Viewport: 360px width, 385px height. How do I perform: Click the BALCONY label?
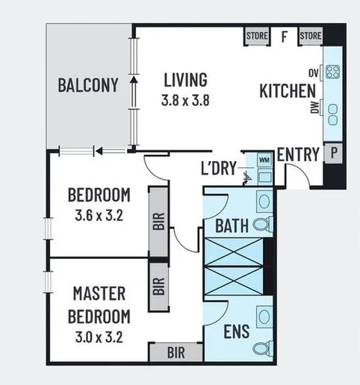pos(88,85)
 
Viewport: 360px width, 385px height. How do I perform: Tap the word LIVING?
pos(186,79)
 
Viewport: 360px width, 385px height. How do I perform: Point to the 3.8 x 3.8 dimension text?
pos(186,98)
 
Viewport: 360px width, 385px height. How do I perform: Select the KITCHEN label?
pos(287,91)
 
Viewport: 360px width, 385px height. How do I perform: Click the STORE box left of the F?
pos(257,36)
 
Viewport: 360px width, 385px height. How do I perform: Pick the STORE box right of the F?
pos(310,36)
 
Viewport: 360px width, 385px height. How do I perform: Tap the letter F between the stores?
pos(284,35)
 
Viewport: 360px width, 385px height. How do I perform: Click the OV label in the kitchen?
pos(314,72)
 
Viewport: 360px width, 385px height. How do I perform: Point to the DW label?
pos(314,109)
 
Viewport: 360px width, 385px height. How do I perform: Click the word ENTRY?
pos(298,154)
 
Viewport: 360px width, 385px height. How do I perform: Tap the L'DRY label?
pos(219,168)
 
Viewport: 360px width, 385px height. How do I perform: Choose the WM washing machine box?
pos(264,159)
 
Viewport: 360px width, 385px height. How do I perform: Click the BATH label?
pos(232,225)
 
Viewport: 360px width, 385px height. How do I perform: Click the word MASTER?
pos(99,292)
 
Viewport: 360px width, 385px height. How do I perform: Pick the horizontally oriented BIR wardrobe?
pos(176,351)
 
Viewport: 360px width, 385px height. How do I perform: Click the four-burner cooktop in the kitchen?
pos(332,73)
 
